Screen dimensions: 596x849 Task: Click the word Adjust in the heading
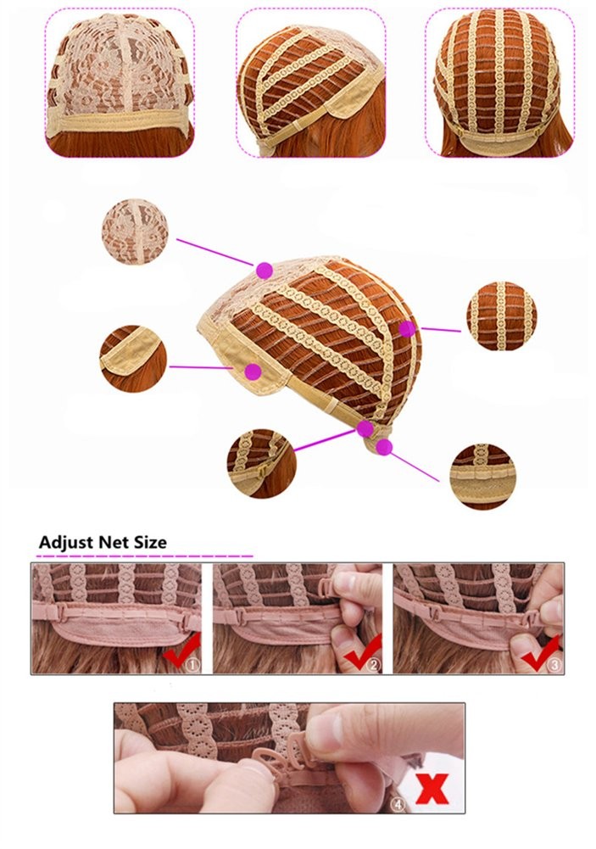pos(65,542)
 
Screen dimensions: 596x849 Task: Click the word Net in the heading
pos(112,542)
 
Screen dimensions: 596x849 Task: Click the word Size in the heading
pos(148,542)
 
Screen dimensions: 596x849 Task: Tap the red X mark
pos(433,789)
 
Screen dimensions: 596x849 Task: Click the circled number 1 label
pos(192,664)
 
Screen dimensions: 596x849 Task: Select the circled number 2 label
pos(374,664)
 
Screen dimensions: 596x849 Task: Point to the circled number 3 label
pos(554,664)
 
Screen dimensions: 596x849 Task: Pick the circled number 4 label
pos(398,805)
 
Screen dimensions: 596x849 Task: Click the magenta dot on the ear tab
pos(253,371)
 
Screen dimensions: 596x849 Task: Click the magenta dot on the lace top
pos(265,271)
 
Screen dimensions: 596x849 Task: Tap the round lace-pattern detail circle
pos(135,232)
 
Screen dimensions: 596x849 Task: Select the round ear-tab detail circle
pos(133,358)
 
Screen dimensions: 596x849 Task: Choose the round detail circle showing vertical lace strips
pos(501,316)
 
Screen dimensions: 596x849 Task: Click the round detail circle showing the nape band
pos(483,477)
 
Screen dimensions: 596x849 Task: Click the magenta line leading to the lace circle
pos(214,252)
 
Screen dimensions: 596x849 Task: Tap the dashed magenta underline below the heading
pos(146,556)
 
